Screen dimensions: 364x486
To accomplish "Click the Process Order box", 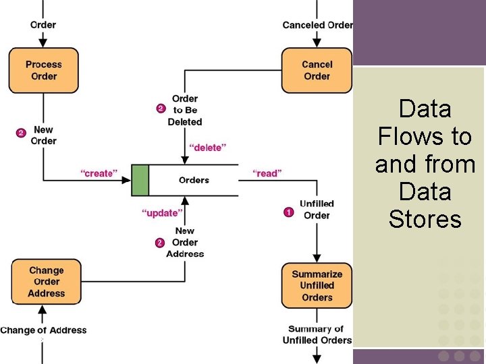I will coord(43,70).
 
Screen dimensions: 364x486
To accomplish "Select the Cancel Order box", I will coord(317,70).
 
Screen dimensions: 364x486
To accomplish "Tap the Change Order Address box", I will coord(47,282).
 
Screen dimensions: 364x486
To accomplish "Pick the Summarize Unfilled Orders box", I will coord(317,286).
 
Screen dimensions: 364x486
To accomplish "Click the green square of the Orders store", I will coord(140,180).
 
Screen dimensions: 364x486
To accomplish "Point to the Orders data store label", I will coord(194,180).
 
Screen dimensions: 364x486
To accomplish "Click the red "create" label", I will coord(99,174).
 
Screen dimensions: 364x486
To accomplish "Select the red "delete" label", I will coord(207,147).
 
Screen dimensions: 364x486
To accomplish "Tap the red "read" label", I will coord(267,174).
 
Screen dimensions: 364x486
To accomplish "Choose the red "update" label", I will coord(162,213).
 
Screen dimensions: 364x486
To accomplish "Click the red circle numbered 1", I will coord(288,212).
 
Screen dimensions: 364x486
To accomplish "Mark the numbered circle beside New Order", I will coord(21,133).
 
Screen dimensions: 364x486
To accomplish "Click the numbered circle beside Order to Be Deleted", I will coord(161,108).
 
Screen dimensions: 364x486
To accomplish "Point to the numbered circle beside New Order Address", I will coord(160,243).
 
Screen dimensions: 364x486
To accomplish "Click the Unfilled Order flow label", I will coord(317,210).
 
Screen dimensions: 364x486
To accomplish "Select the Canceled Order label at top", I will coord(317,25).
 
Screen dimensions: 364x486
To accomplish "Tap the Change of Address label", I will coord(43,330).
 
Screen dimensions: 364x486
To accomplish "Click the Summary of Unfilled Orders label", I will coord(316,334).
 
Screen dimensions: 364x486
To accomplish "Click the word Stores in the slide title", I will coord(425,219).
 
